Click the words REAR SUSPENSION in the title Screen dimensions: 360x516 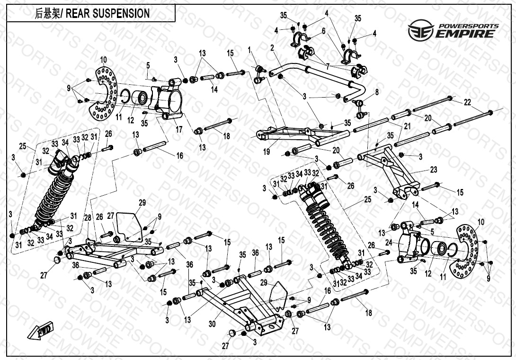pos(107,13)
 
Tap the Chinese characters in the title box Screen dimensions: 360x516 pos(48,14)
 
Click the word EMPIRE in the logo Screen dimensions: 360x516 pos(466,33)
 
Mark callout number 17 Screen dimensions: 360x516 pos(178,128)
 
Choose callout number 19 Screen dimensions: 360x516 pos(267,152)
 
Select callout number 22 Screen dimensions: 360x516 pos(467,102)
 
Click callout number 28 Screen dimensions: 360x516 pos(88,217)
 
